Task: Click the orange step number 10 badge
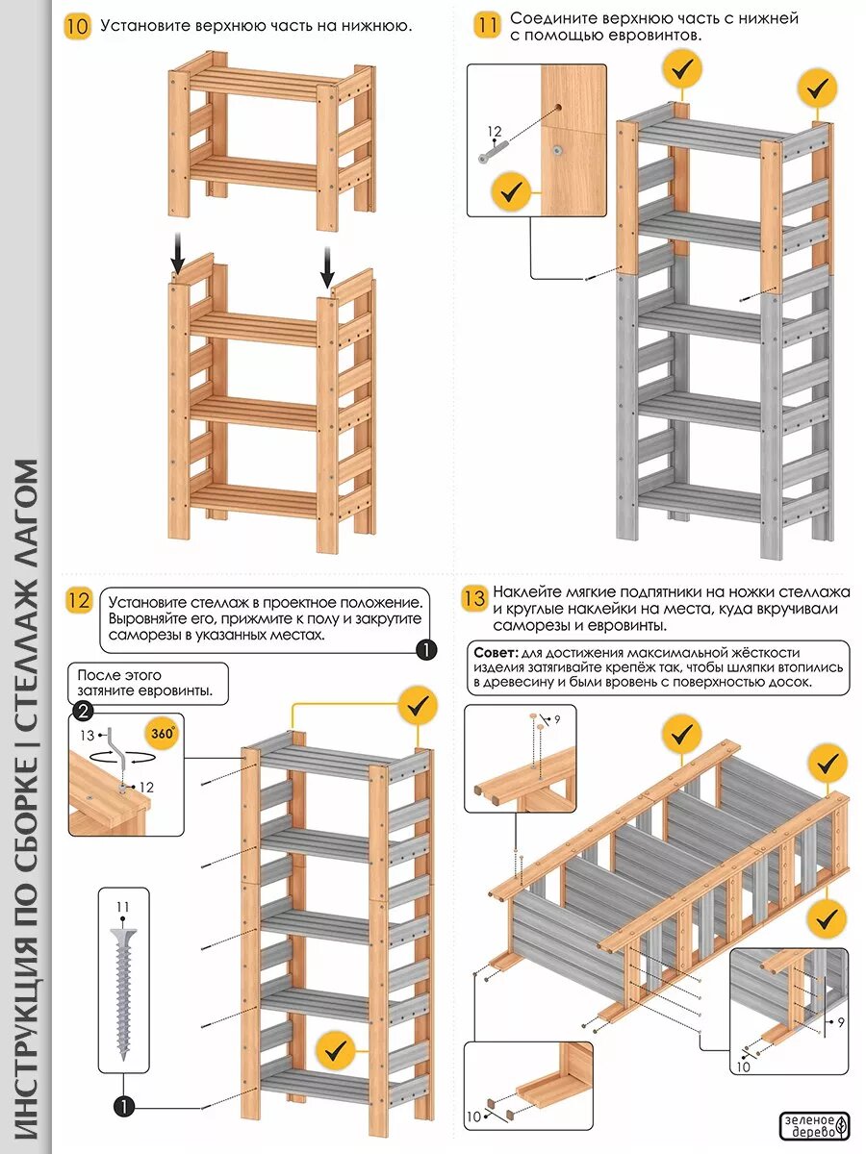(x=77, y=26)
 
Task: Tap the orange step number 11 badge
(x=488, y=26)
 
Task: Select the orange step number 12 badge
(x=78, y=602)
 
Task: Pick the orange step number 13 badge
(x=473, y=599)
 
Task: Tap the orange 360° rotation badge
(x=163, y=733)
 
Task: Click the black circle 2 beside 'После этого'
(x=83, y=712)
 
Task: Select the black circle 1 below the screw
(x=123, y=1107)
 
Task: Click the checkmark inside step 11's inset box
(x=510, y=193)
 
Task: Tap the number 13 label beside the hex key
(x=89, y=736)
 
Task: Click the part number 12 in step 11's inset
(x=495, y=132)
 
